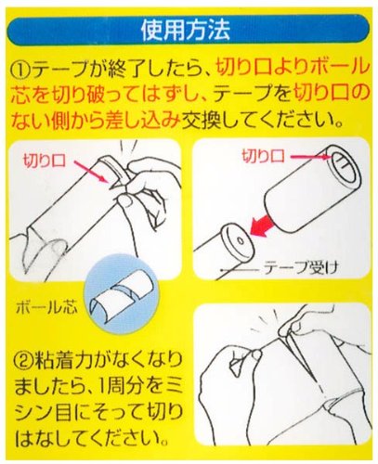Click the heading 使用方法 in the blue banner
pos(186,30)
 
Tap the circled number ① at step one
pos(20,69)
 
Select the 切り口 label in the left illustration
pos(45,161)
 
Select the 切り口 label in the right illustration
pos(263,156)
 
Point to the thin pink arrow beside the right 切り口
pos(310,158)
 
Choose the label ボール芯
pos(46,307)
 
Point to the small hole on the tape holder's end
pos(241,240)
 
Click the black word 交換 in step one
pos(202,119)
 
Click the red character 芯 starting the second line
pos(20,94)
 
